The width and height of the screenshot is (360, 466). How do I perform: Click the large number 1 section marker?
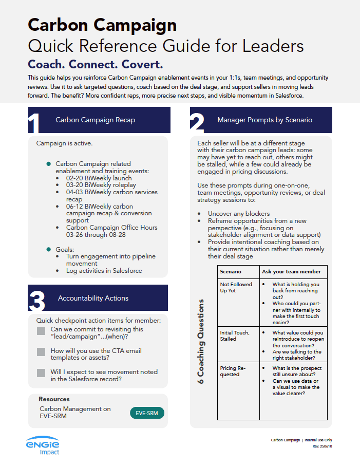pyautogui.click(x=34, y=124)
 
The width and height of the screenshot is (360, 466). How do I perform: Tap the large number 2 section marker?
pyautogui.click(x=197, y=124)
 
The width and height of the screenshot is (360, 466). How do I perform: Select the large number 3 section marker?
pyautogui.click(x=36, y=302)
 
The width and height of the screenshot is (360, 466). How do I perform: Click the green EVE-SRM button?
pyautogui.click(x=147, y=412)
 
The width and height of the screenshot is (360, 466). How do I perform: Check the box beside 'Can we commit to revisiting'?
pyautogui.click(x=41, y=331)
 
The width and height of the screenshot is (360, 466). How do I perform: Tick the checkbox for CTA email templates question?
pyautogui.click(x=41, y=352)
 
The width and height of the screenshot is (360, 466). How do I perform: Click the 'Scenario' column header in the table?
pyautogui.click(x=231, y=271)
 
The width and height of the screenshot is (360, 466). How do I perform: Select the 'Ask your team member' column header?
pyautogui.click(x=291, y=271)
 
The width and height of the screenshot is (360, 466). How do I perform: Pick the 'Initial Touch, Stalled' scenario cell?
pyautogui.click(x=235, y=335)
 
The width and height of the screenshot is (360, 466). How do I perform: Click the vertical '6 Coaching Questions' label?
pyautogui.click(x=201, y=342)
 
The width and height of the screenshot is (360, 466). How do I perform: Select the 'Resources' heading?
pyautogui.click(x=54, y=399)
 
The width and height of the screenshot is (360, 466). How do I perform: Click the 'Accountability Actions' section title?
pyautogui.click(x=93, y=298)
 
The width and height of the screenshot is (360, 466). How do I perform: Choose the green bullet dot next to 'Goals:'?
pyautogui.click(x=49, y=249)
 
